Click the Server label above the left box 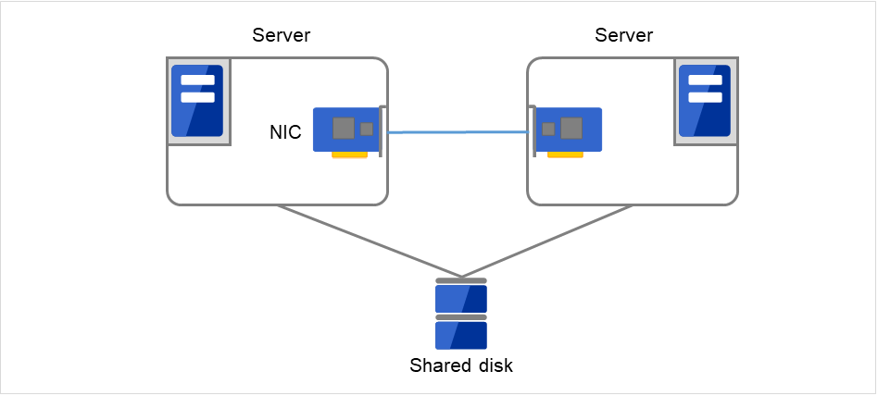point(281,36)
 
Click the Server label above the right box point(623,36)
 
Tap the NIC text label point(284,133)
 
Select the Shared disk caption point(461,365)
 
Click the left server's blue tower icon point(197,101)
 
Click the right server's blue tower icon point(705,101)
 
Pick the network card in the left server point(346,130)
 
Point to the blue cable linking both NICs point(458,133)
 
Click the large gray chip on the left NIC point(344,128)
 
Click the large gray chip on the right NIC point(571,128)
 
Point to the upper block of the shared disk point(461,299)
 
